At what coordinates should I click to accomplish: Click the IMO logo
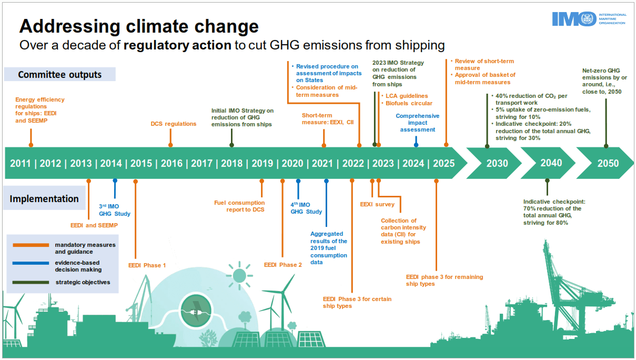click(x=588, y=19)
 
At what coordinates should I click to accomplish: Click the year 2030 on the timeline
click(x=497, y=163)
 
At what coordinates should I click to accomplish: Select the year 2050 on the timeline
click(x=608, y=163)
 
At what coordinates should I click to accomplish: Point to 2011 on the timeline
click(x=20, y=163)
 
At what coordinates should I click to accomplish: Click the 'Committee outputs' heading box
click(x=59, y=74)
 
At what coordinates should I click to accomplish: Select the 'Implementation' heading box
click(x=44, y=198)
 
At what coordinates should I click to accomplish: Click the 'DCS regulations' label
click(x=173, y=124)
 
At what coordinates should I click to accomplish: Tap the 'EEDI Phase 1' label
click(x=147, y=265)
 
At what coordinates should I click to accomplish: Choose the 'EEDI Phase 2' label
click(x=282, y=265)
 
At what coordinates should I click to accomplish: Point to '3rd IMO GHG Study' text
click(x=115, y=210)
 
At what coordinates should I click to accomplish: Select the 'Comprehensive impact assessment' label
click(x=417, y=123)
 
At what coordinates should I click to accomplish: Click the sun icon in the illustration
click(x=240, y=275)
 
